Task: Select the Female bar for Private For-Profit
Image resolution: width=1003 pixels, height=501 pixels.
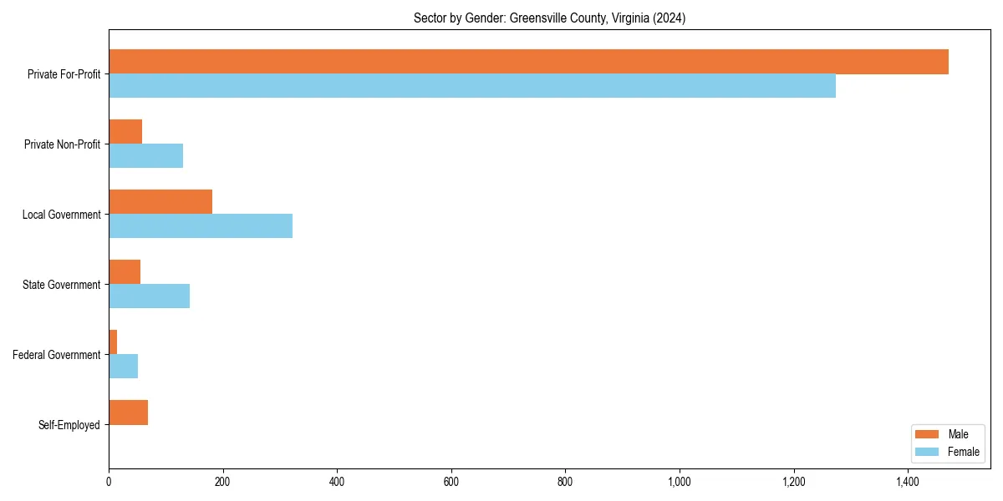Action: pos(472,86)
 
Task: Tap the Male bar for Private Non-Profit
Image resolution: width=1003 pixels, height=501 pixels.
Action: pos(125,132)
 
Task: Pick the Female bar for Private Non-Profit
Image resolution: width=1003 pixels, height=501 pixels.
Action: pos(145,156)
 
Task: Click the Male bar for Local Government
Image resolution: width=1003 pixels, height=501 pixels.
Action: pos(160,202)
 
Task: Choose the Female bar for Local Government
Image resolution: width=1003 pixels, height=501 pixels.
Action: pos(201,226)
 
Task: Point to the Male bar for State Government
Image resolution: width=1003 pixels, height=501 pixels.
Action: pos(125,272)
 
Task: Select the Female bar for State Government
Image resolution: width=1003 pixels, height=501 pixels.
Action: pos(149,296)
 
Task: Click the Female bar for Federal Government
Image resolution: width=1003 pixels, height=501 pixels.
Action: pos(123,367)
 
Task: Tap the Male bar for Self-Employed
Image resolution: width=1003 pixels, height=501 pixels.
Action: pos(128,412)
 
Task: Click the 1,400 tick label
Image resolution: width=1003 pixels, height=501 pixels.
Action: pos(908,482)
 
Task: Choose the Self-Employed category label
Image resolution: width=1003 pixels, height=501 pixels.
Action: pos(69,425)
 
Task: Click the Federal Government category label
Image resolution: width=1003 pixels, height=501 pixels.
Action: pos(57,355)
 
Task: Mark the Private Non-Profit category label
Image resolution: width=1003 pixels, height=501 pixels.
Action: pos(62,144)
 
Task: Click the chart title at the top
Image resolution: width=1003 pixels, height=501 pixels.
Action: pos(549,18)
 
